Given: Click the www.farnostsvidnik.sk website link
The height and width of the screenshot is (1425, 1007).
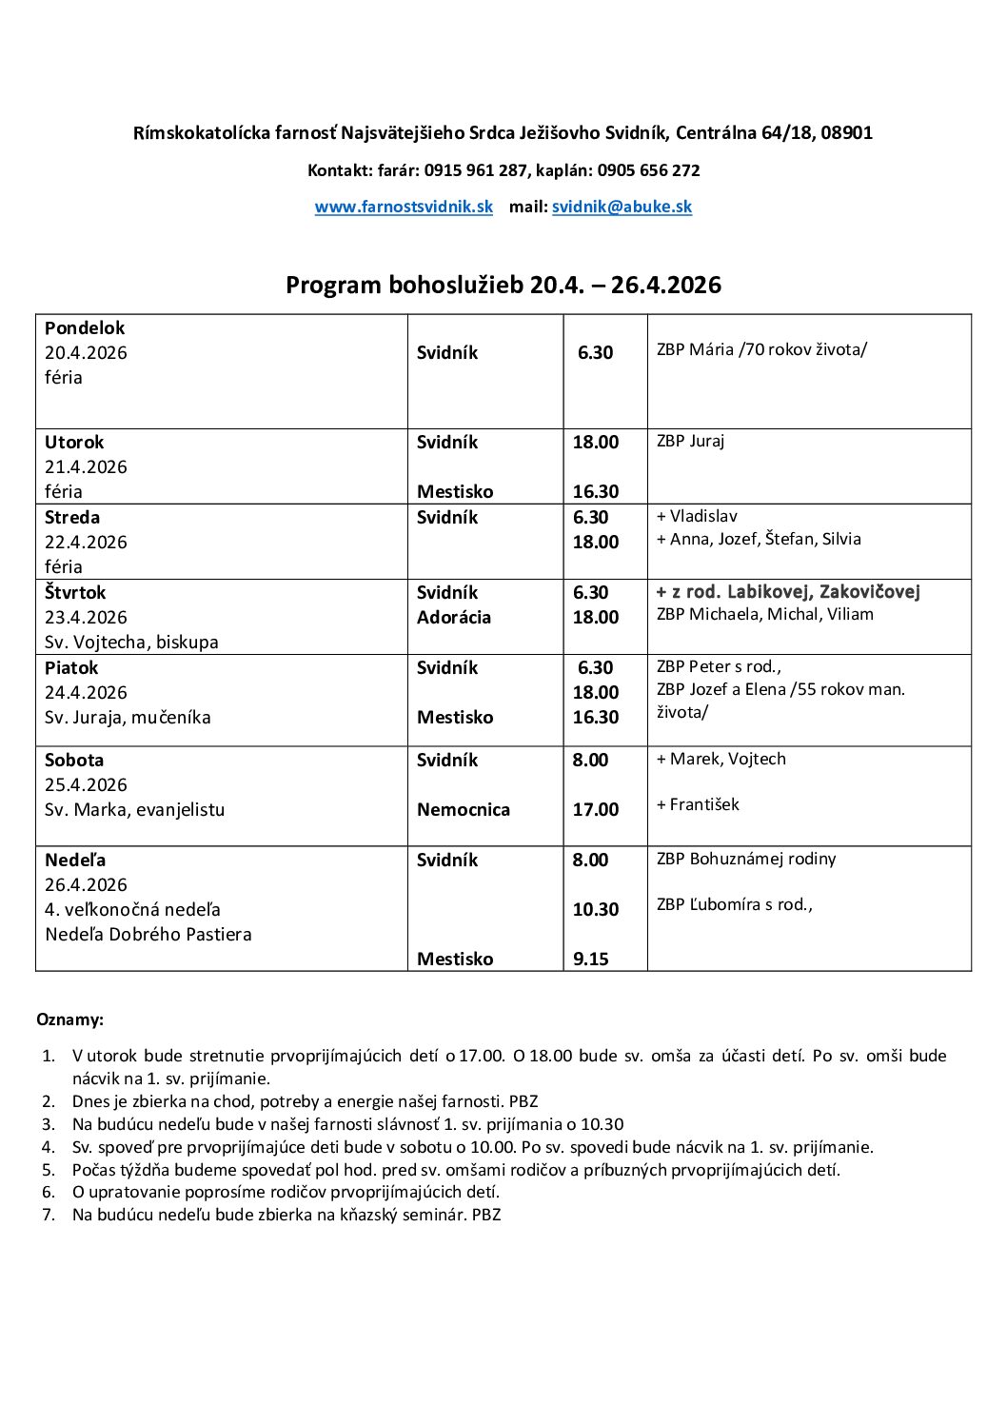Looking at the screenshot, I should (404, 207).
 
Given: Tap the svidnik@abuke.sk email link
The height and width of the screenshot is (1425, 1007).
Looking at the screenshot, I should (622, 207).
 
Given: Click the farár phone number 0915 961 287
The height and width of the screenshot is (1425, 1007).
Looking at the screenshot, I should (475, 170).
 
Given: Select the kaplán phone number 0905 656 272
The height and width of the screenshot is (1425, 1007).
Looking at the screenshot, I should (648, 170).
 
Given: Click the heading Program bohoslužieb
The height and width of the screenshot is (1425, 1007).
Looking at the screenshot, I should (503, 285).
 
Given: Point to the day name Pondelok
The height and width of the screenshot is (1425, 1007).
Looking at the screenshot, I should (85, 327).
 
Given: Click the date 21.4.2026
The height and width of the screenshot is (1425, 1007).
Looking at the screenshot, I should (86, 466).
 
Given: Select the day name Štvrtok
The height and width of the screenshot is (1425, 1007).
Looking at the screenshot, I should (75, 592).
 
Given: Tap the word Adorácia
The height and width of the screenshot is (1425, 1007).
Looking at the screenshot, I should (454, 617).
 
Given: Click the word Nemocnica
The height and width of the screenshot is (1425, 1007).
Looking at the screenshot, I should (464, 809).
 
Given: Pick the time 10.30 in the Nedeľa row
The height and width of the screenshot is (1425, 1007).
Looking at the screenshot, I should (595, 909).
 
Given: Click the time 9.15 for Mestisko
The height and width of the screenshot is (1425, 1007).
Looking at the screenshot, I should (590, 959).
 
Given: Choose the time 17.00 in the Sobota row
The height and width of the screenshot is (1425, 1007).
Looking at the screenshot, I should (595, 809).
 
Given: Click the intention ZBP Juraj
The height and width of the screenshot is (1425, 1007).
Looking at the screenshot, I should (690, 441).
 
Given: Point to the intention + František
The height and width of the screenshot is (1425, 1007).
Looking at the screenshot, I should (698, 804).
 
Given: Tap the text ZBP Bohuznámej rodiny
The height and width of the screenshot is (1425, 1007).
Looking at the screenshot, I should (746, 859).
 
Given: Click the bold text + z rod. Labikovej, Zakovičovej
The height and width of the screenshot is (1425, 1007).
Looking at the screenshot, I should (788, 591).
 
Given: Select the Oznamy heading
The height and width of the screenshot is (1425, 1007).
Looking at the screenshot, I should (69, 1019).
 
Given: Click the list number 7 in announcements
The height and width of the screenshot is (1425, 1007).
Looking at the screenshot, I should (49, 1215).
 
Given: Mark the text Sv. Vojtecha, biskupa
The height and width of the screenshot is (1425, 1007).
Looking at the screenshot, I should (131, 642).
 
